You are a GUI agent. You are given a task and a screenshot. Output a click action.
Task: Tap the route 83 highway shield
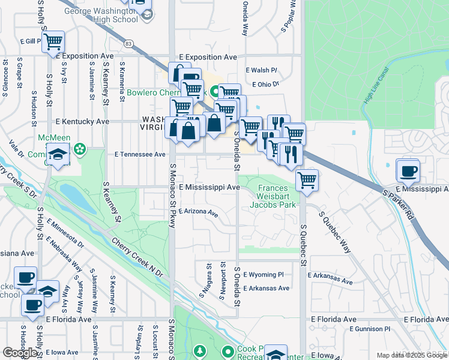point(128,43)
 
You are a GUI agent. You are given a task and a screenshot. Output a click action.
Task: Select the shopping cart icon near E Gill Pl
point(53,42)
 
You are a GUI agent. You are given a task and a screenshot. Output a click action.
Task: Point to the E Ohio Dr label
point(266,85)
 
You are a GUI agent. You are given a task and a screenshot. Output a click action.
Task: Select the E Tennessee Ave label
point(140,154)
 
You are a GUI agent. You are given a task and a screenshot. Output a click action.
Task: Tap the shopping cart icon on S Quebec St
point(307,179)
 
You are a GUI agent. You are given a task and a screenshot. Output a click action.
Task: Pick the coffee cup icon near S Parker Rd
point(408,171)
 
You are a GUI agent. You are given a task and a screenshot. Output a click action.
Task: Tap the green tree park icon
point(199,350)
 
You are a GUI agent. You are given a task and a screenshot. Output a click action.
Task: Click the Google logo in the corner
point(20,353)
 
